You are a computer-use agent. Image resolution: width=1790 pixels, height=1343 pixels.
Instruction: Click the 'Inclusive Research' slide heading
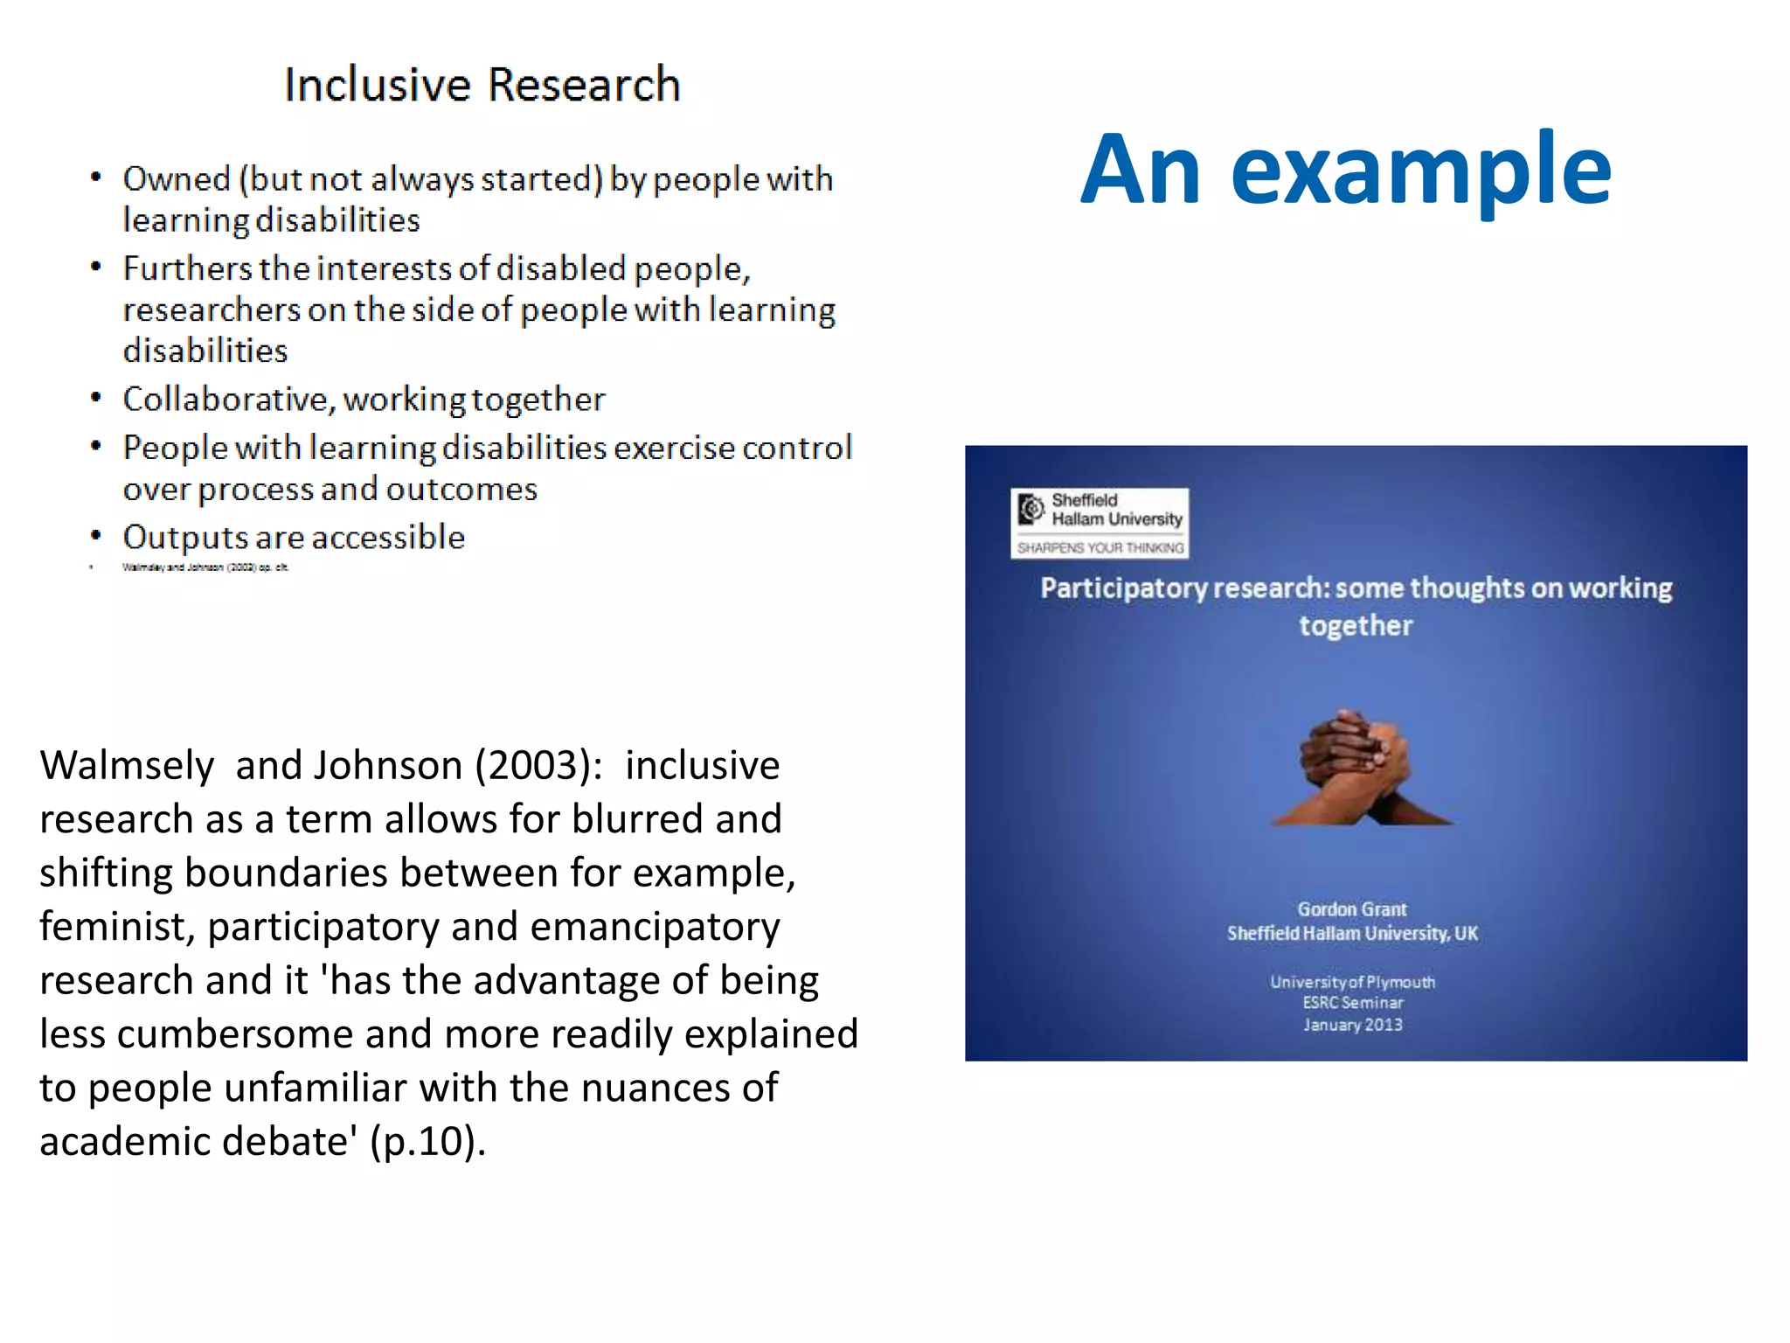[x=482, y=85]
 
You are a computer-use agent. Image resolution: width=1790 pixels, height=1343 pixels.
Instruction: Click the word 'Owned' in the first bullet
[x=176, y=179]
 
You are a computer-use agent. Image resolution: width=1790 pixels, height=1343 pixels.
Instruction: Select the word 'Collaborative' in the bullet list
[x=225, y=400]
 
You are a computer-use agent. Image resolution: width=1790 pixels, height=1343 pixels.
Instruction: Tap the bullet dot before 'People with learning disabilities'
[x=96, y=446]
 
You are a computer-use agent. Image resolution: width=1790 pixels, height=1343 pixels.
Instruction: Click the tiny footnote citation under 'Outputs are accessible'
[x=205, y=567]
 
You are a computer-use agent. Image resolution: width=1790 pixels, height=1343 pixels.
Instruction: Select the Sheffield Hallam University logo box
[x=1099, y=523]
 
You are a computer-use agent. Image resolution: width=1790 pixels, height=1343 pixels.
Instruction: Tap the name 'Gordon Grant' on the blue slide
[x=1352, y=909]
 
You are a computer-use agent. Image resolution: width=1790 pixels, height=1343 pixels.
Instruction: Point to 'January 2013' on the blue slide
[x=1352, y=1025]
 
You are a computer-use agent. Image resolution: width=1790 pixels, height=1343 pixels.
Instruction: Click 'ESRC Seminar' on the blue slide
[x=1352, y=1003]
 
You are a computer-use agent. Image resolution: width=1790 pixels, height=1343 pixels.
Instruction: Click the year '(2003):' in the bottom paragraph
[x=538, y=766]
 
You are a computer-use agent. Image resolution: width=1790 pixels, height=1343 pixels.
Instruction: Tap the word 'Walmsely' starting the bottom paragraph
[x=127, y=766]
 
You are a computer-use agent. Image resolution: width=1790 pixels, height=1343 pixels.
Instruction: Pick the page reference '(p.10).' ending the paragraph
[x=427, y=1142]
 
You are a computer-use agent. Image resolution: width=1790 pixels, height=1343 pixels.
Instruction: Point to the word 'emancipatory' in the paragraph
[x=655, y=928]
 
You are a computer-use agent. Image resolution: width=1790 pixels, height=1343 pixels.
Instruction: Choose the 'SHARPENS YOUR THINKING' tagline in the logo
[x=1100, y=548]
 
